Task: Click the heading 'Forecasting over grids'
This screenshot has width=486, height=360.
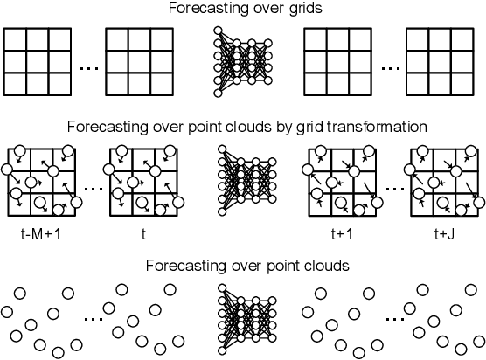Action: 244,10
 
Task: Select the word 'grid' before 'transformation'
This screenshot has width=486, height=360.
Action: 324,127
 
